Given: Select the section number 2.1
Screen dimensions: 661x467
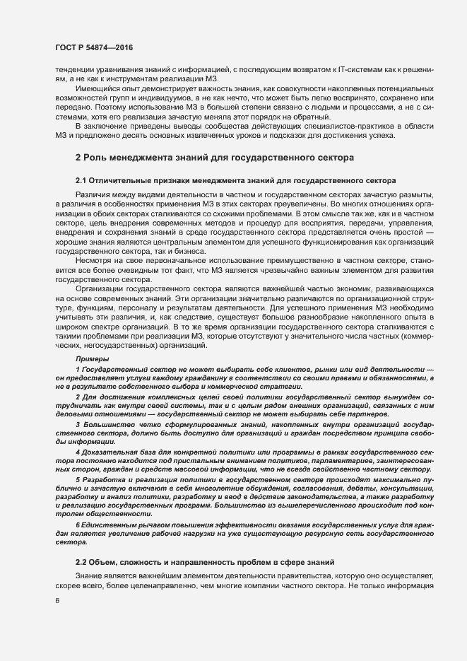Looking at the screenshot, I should (x=81, y=182).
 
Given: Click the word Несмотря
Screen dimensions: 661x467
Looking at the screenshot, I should (x=93, y=262).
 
